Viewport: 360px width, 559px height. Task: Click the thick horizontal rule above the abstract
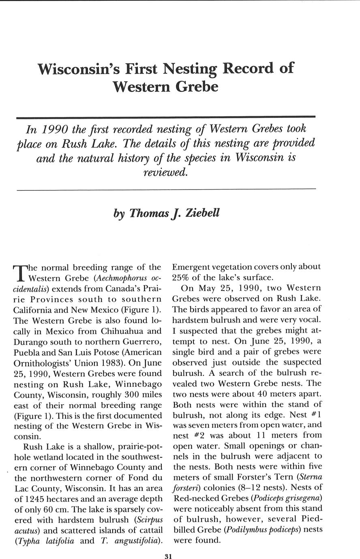(x=166, y=117)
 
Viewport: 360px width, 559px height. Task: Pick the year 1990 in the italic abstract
(x=53, y=130)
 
